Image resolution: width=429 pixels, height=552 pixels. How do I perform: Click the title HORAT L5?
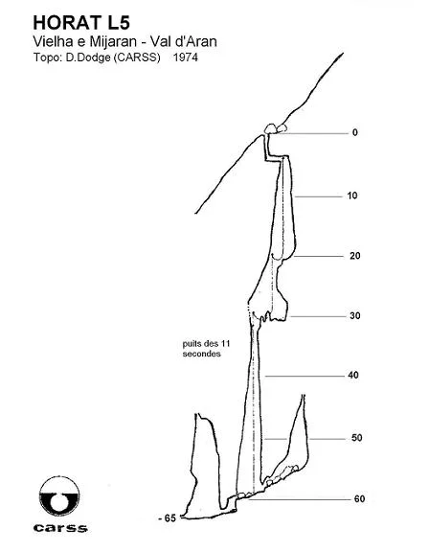point(81,23)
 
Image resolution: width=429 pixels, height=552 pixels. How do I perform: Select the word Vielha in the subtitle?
point(49,41)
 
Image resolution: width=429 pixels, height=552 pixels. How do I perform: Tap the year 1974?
point(186,57)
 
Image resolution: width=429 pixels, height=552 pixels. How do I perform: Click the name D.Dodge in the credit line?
point(88,57)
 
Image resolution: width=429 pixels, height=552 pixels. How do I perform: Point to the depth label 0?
point(355,132)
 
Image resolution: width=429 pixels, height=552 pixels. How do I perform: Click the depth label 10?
point(352,195)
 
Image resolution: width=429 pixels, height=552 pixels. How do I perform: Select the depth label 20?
point(355,256)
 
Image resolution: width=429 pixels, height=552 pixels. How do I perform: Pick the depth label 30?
point(355,316)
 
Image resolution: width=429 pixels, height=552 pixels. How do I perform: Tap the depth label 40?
point(353,376)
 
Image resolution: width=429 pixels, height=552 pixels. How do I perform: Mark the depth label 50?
point(356,438)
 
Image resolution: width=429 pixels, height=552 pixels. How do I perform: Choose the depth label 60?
point(359,499)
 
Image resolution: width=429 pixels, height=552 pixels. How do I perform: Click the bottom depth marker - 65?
point(167,518)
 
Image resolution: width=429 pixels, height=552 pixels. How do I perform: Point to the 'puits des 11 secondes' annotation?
point(206,349)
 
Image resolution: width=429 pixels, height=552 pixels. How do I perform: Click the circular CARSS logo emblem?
point(59,496)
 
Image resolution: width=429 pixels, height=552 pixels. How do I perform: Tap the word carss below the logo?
point(60,528)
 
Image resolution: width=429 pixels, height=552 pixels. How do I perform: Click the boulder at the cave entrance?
point(271,128)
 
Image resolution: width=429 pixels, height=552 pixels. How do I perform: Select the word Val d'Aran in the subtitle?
point(184,41)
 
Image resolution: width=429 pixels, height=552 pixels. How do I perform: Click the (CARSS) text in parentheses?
point(137,57)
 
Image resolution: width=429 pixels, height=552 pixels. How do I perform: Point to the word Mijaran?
point(113,42)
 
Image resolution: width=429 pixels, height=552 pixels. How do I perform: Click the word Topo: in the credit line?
point(48,57)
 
